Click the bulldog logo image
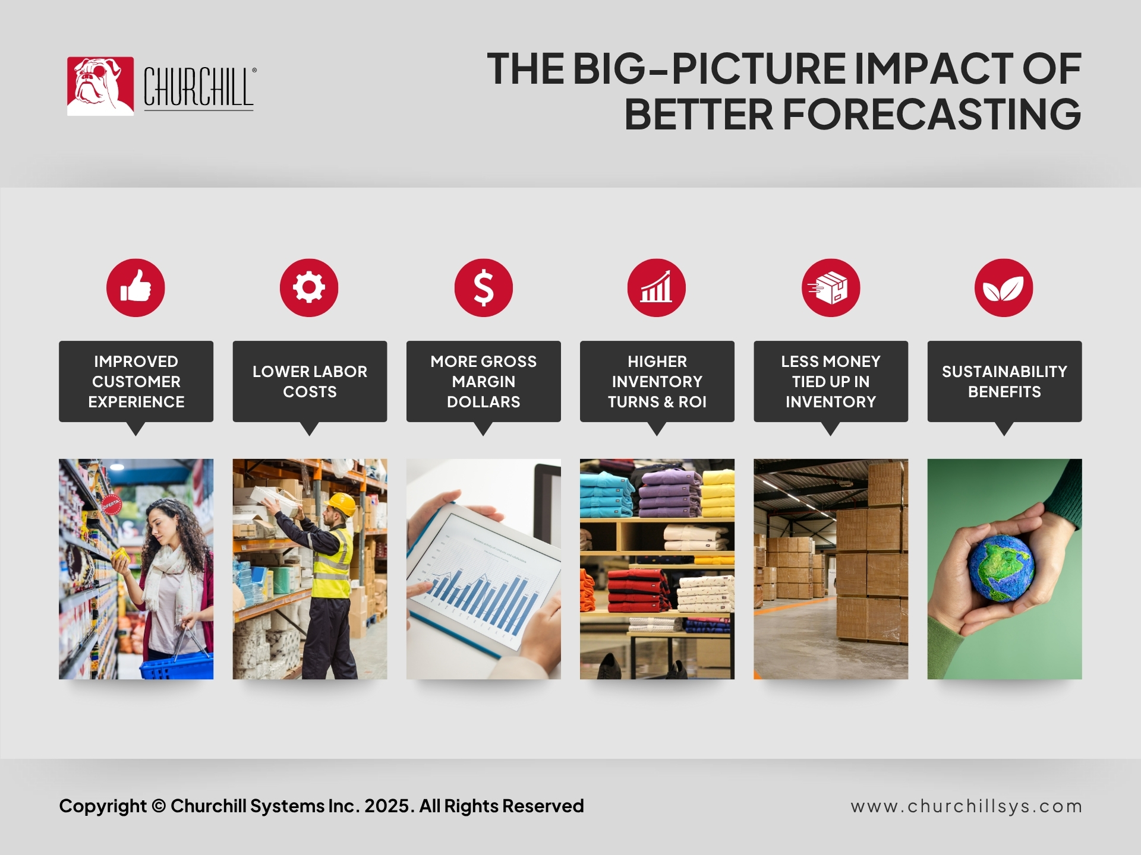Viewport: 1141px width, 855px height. [100, 86]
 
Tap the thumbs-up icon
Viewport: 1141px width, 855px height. [135, 287]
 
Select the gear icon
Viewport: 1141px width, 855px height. [309, 287]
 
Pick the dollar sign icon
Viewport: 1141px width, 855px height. [484, 287]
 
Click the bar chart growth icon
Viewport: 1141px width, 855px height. [657, 287]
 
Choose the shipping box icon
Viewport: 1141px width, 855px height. [831, 287]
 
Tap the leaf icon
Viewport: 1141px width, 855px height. [1004, 287]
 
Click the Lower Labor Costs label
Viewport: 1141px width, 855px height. [310, 382]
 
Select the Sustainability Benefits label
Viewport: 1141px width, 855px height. [1004, 382]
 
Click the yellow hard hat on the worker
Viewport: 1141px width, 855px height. [341, 504]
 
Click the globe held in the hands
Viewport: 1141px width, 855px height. [1001, 568]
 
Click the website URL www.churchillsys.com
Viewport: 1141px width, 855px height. [966, 806]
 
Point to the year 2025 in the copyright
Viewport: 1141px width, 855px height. [387, 806]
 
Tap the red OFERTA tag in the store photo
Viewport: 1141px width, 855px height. [111, 505]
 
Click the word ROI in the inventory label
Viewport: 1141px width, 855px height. [692, 402]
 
